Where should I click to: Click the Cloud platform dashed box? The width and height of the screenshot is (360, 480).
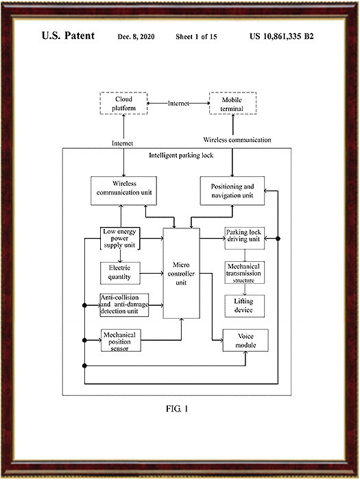[x=123, y=104]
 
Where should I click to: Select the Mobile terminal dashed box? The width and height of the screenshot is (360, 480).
[x=233, y=104]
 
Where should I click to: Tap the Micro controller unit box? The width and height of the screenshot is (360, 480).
[x=181, y=274]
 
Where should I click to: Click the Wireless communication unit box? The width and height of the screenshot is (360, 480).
[x=123, y=191]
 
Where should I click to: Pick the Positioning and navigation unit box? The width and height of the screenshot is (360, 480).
[x=232, y=191]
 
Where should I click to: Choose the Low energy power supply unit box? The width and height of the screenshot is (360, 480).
[x=120, y=239]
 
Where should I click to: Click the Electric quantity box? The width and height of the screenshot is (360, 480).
[x=120, y=273]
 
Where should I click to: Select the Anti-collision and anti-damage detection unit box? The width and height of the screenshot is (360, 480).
[x=124, y=305]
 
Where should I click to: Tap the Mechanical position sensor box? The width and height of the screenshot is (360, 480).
[x=121, y=340]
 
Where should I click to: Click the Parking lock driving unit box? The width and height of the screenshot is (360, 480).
[x=245, y=238]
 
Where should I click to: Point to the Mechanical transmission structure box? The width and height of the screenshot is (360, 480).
[x=245, y=272]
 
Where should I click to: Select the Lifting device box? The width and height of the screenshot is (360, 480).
[x=245, y=306]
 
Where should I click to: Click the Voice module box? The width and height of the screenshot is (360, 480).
[x=245, y=340]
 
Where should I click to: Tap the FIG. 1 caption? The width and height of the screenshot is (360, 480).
[x=177, y=409]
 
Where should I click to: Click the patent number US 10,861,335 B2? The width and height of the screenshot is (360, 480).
[x=282, y=36]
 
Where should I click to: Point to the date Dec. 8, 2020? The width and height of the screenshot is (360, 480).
[x=136, y=37]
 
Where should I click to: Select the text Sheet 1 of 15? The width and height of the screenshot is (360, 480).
[x=196, y=37]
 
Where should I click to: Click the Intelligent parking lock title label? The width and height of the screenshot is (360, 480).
[x=181, y=156]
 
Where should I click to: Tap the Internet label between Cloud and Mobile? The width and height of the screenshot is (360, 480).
[x=178, y=104]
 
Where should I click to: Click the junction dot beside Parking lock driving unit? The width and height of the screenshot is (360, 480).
[x=278, y=238]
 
